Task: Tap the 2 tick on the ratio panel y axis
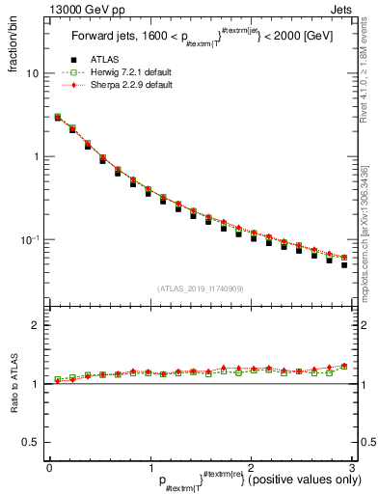pos(37,325)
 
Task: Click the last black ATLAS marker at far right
pos(344,264)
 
